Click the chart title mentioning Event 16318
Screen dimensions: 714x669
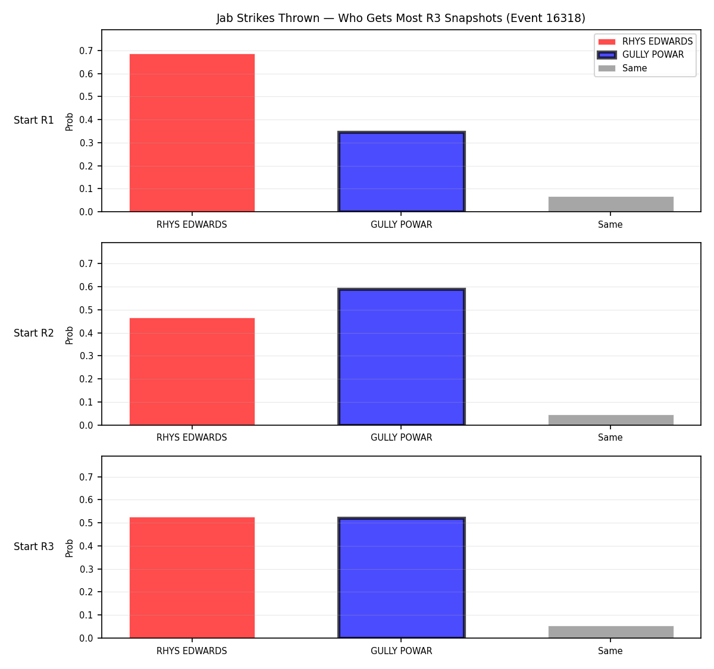[x=400, y=18]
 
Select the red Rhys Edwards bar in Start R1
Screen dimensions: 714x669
[x=192, y=133]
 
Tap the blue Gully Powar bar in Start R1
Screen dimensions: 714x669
[x=401, y=171]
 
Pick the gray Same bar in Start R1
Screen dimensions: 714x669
[x=610, y=204]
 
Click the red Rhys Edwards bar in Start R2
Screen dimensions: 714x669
[x=192, y=371]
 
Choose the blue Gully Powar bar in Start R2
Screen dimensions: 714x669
[x=401, y=357]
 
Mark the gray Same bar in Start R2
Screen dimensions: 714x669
[x=610, y=420]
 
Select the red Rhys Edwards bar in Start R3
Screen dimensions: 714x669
[x=192, y=577]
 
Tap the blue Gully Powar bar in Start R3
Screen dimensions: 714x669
[x=401, y=577]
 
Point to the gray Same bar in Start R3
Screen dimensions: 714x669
[x=610, y=632]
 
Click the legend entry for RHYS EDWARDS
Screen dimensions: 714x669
[x=645, y=42]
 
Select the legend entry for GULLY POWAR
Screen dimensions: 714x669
[x=641, y=55]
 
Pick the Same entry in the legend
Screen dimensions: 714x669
[x=622, y=68]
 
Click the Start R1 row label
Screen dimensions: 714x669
[x=34, y=120]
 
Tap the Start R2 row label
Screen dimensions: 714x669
[x=34, y=333]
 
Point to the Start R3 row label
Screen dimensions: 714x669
[x=34, y=546]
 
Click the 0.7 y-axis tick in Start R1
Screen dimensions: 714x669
[x=86, y=51]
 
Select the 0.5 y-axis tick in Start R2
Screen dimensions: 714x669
[x=86, y=310]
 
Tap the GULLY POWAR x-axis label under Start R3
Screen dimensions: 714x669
[x=401, y=651]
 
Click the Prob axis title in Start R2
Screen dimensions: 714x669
[x=70, y=335]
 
